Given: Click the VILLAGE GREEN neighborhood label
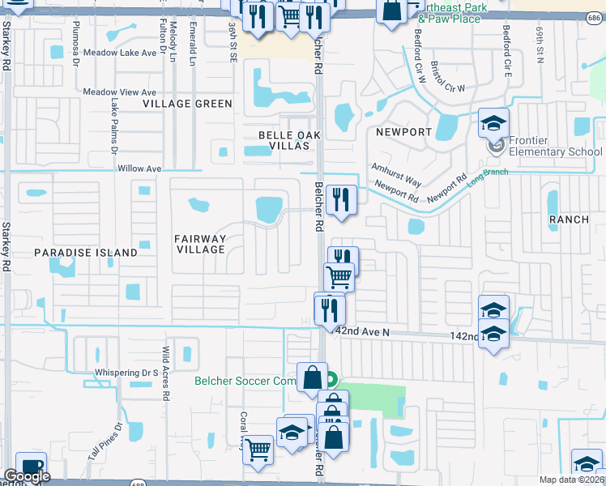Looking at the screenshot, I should [x=187, y=104].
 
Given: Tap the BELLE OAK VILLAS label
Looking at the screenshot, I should [x=284, y=140].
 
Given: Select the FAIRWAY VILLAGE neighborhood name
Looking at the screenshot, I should [x=200, y=244].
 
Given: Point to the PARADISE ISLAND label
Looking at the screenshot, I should [x=86, y=253].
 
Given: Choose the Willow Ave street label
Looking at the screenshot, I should [x=139, y=168].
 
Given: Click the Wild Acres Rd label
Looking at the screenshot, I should [x=165, y=374].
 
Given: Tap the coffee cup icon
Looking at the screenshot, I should [x=32, y=468].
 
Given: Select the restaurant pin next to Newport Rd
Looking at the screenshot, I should [x=341, y=198].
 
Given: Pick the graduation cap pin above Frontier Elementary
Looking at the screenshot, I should [x=493, y=123].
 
